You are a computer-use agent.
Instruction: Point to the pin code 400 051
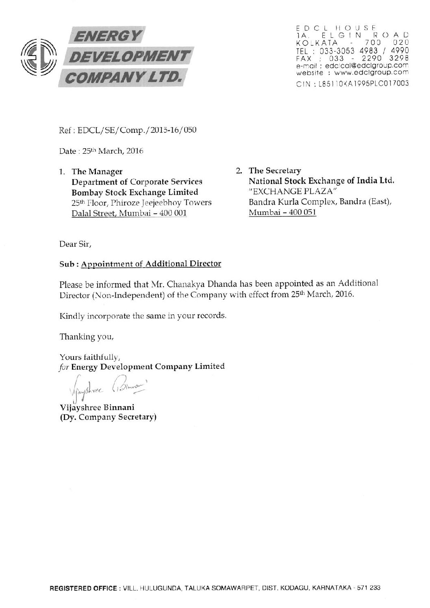pos(302,212)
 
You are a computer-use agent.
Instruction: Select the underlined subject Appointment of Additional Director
pos(151,264)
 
